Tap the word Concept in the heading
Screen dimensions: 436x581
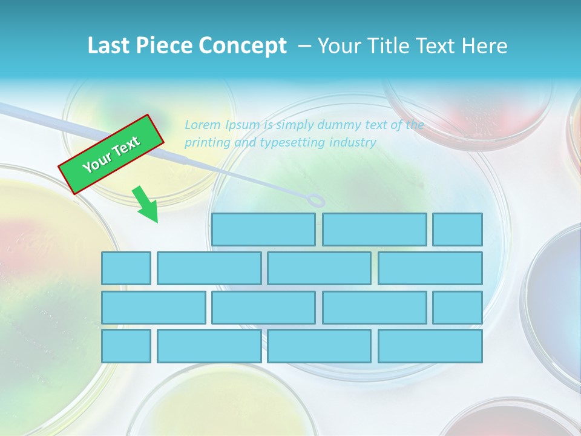click(243, 46)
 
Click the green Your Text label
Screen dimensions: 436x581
click(111, 154)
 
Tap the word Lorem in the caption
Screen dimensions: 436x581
click(203, 125)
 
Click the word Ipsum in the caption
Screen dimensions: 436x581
click(243, 125)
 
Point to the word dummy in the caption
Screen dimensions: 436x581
click(327, 125)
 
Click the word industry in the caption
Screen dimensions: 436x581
click(353, 143)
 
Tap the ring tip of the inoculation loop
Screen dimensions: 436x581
click(315, 200)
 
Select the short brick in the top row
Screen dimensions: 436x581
click(458, 229)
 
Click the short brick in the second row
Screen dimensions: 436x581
click(126, 268)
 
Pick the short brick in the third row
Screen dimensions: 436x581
click(458, 308)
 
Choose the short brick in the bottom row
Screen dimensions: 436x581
click(126, 346)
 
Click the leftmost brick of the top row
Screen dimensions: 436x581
click(263, 229)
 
